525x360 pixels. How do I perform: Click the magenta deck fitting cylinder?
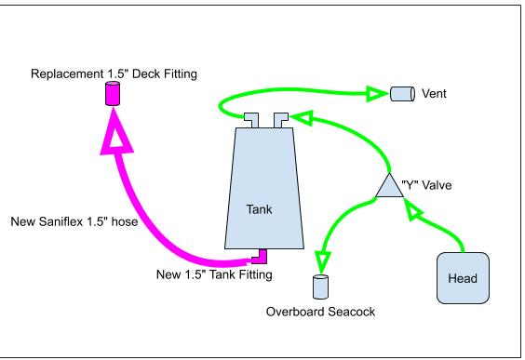[x=113, y=93]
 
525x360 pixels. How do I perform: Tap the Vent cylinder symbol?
[x=402, y=94]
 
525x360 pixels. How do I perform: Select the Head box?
[x=463, y=278]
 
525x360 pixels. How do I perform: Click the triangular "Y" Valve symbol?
[x=389, y=187]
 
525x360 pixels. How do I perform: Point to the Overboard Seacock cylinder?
[x=320, y=287]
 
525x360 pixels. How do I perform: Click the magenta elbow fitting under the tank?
[x=260, y=257]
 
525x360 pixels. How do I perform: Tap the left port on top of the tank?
[x=250, y=120]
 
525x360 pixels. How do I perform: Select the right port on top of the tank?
[x=280, y=120]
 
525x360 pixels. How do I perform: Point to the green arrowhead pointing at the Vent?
[x=377, y=94]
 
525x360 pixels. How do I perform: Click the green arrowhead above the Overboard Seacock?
[x=322, y=262]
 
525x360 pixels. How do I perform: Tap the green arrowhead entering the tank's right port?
[x=301, y=118]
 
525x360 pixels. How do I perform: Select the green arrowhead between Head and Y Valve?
[x=412, y=210]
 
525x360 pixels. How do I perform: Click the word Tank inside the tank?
[x=259, y=209]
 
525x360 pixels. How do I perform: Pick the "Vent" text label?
[x=434, y=93]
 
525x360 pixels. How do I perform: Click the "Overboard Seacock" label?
[x=320, y=312]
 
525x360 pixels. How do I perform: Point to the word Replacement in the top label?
[x=67, y=73]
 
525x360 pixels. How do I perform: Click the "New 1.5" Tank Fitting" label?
[x=214, y=274]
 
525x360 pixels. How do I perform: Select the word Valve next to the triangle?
[x=437, y=185]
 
